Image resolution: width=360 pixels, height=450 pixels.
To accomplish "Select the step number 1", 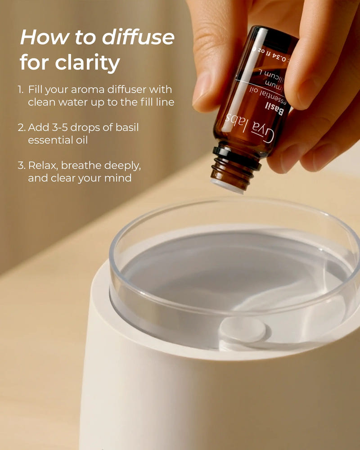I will (x=21, y=90).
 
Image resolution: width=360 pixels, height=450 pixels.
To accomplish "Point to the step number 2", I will (x=22, y=127).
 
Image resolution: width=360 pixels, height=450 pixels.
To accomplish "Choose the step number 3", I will (x=22, y=165).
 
